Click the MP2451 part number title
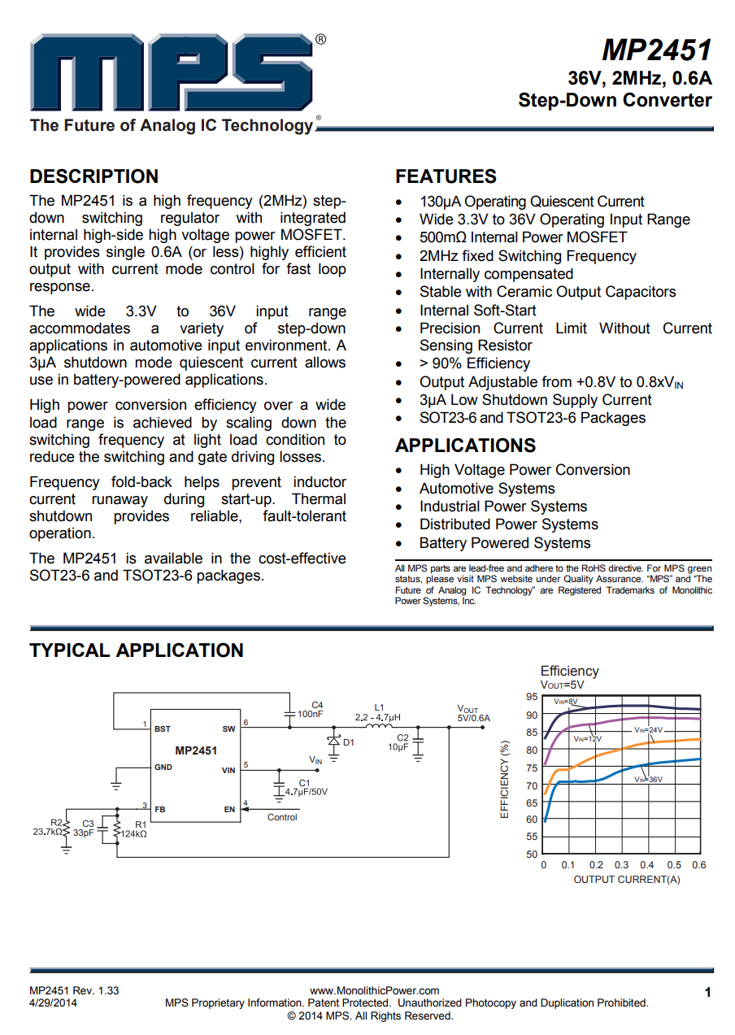(x=657, y=50)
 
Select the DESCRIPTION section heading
(x=94, y=176)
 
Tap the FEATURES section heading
(x=446, y=176)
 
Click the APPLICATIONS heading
(x=465, y=446)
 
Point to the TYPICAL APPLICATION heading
(x=137, y=650)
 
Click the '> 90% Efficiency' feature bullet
(x=474, y=363)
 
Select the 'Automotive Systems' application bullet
(x=487, y=489)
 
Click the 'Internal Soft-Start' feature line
(x=477, y=310)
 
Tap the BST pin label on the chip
(x=163, y=729)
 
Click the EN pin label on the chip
(x=229, y=810)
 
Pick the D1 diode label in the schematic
(x=349, y=742)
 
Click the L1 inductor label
(x=379, y=707)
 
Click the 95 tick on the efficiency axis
(x=532, y=698)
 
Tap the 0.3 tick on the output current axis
(x=622, y=865)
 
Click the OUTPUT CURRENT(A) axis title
(x=627, y=880)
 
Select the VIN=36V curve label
(x=648, y=779)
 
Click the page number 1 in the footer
(x=708, y=992)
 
